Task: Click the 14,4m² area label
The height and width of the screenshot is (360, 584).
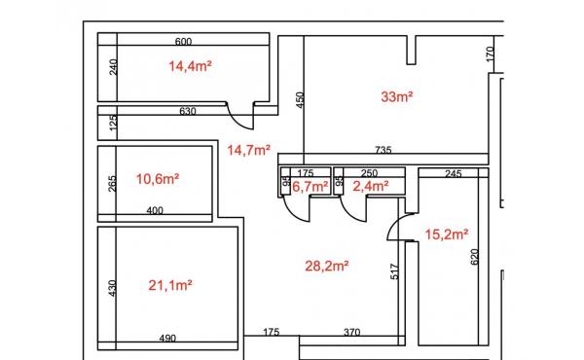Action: click(x=191, y=66)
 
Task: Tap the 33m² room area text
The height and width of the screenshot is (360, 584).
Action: click(x=397, y=96)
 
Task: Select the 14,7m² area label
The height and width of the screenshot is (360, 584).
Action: click(x=249, y=150)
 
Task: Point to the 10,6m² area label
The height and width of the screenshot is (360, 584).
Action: click(x=158, y=179)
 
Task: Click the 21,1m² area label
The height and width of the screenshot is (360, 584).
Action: click(x=170, y=285)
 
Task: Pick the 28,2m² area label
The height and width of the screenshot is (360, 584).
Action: click(x=327, y=266)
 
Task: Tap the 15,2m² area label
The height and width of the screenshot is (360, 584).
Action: click(x=447, y=234)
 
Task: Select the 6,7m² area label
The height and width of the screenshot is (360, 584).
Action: click(x=310, y=186)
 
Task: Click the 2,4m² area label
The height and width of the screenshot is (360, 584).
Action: click(x=371, y=186)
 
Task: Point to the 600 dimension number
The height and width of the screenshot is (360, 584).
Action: click(x=183, y=41)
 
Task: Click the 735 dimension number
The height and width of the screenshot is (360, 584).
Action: click(x=383, y=150)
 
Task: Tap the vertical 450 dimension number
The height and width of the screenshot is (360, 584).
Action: click(x=300, y=100)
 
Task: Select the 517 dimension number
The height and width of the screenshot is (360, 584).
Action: click(x=395, y=271)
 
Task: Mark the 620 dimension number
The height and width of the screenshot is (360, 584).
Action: click(x=474, y=257)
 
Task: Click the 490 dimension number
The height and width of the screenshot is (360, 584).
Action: click(x=167, y=339)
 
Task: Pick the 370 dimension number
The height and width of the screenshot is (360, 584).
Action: click(x=351, y=332)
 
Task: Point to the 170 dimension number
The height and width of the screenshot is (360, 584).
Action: click(x=491, y=54)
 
